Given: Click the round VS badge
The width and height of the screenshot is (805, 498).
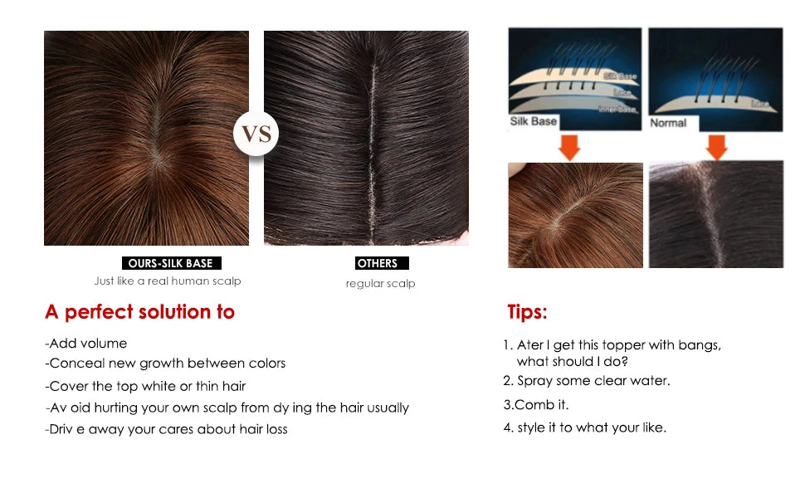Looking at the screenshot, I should coord(256,134).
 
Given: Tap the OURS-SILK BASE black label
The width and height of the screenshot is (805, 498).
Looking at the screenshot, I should coord(171,263).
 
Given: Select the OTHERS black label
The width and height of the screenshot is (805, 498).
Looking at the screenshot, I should coord(378,263).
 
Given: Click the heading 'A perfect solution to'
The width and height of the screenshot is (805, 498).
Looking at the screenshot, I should coord(139,312).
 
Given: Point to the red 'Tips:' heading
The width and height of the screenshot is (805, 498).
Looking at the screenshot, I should coord(527,312).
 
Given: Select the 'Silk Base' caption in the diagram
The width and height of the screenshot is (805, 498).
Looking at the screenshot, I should coord(533,121).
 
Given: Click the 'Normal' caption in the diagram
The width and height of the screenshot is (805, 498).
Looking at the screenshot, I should coord(668,122).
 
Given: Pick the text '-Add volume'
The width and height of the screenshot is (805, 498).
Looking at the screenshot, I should coord(86,343).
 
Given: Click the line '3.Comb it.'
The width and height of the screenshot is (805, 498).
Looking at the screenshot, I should coord(536,405).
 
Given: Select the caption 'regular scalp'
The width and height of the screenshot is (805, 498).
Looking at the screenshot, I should coord(380,284).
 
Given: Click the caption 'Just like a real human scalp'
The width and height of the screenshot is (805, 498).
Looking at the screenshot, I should coord(168,281).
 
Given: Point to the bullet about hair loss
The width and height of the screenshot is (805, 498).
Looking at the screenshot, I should coord(166,429).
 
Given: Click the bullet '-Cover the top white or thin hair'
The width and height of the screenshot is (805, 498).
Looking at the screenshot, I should coord(145,386).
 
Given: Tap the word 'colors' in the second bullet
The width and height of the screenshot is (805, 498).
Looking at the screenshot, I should coord(266,364).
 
